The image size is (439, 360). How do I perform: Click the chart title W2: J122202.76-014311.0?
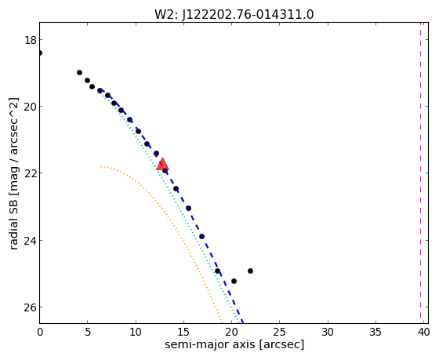coord(234,14)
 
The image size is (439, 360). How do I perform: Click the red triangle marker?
coord(162,164)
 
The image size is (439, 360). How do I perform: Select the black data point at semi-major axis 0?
coord(39,53)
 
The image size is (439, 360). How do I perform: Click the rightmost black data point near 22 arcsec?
coord(250,271)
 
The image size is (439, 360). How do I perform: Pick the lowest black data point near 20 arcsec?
coord(234,281)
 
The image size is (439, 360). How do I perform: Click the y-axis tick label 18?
coord(31,40)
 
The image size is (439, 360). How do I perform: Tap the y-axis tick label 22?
coord(31,173)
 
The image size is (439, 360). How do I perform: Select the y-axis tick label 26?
coord(31,307)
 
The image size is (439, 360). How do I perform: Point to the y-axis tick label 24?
coord(31,240)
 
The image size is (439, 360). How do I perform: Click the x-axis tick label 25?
coord(279,333)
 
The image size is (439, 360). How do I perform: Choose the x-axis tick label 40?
coord(423,333)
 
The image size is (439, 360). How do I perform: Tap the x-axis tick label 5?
coord(88,333)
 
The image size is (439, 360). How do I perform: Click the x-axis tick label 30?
coord(328,333)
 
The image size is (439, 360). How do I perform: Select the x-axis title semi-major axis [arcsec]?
coord(234,344)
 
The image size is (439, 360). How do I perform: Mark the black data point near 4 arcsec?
coord(79,73)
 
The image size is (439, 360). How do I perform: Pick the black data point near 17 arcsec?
coord(201,236)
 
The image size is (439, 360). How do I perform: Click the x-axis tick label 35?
coord(376,333)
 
